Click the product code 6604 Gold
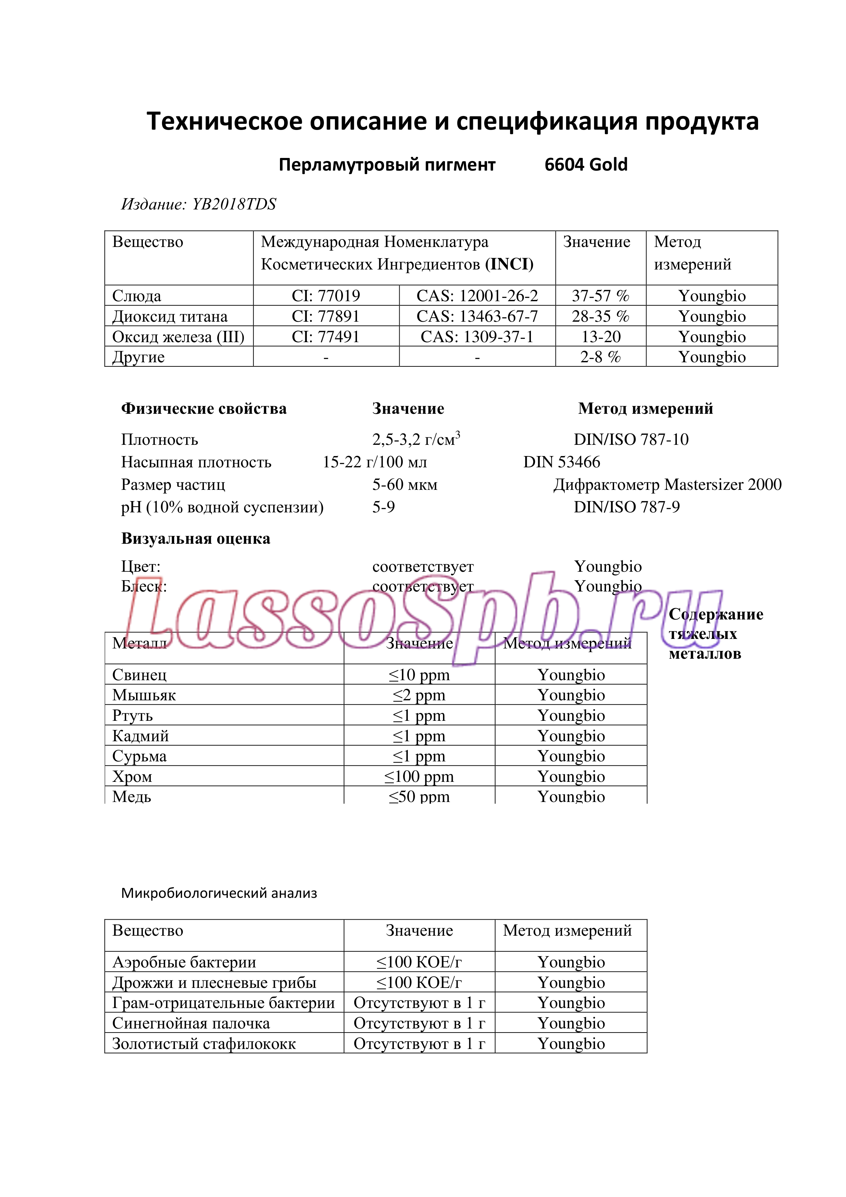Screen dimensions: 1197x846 click(x=585, y=165)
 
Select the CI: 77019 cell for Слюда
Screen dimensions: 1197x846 click(x=325, y=296)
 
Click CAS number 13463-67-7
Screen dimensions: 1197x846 click(x=477, y=317)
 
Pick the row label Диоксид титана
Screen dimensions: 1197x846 click(x=170, y=317)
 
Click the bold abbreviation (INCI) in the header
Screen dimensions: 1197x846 click(x=509, y=264)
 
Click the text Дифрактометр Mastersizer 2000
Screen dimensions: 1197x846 click(x=667, y=484)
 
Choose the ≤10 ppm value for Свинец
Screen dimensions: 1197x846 click(x=419, y=675)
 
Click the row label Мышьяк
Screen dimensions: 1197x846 click(x=144, y=695)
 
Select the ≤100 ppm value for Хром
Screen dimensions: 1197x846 click(x=419, y=776)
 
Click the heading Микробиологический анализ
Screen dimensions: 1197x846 click(x=219, y=893)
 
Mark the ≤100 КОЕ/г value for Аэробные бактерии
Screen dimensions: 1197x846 click(x=419, y=962)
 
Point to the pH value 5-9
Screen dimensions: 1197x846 click(x=383, y=507)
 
